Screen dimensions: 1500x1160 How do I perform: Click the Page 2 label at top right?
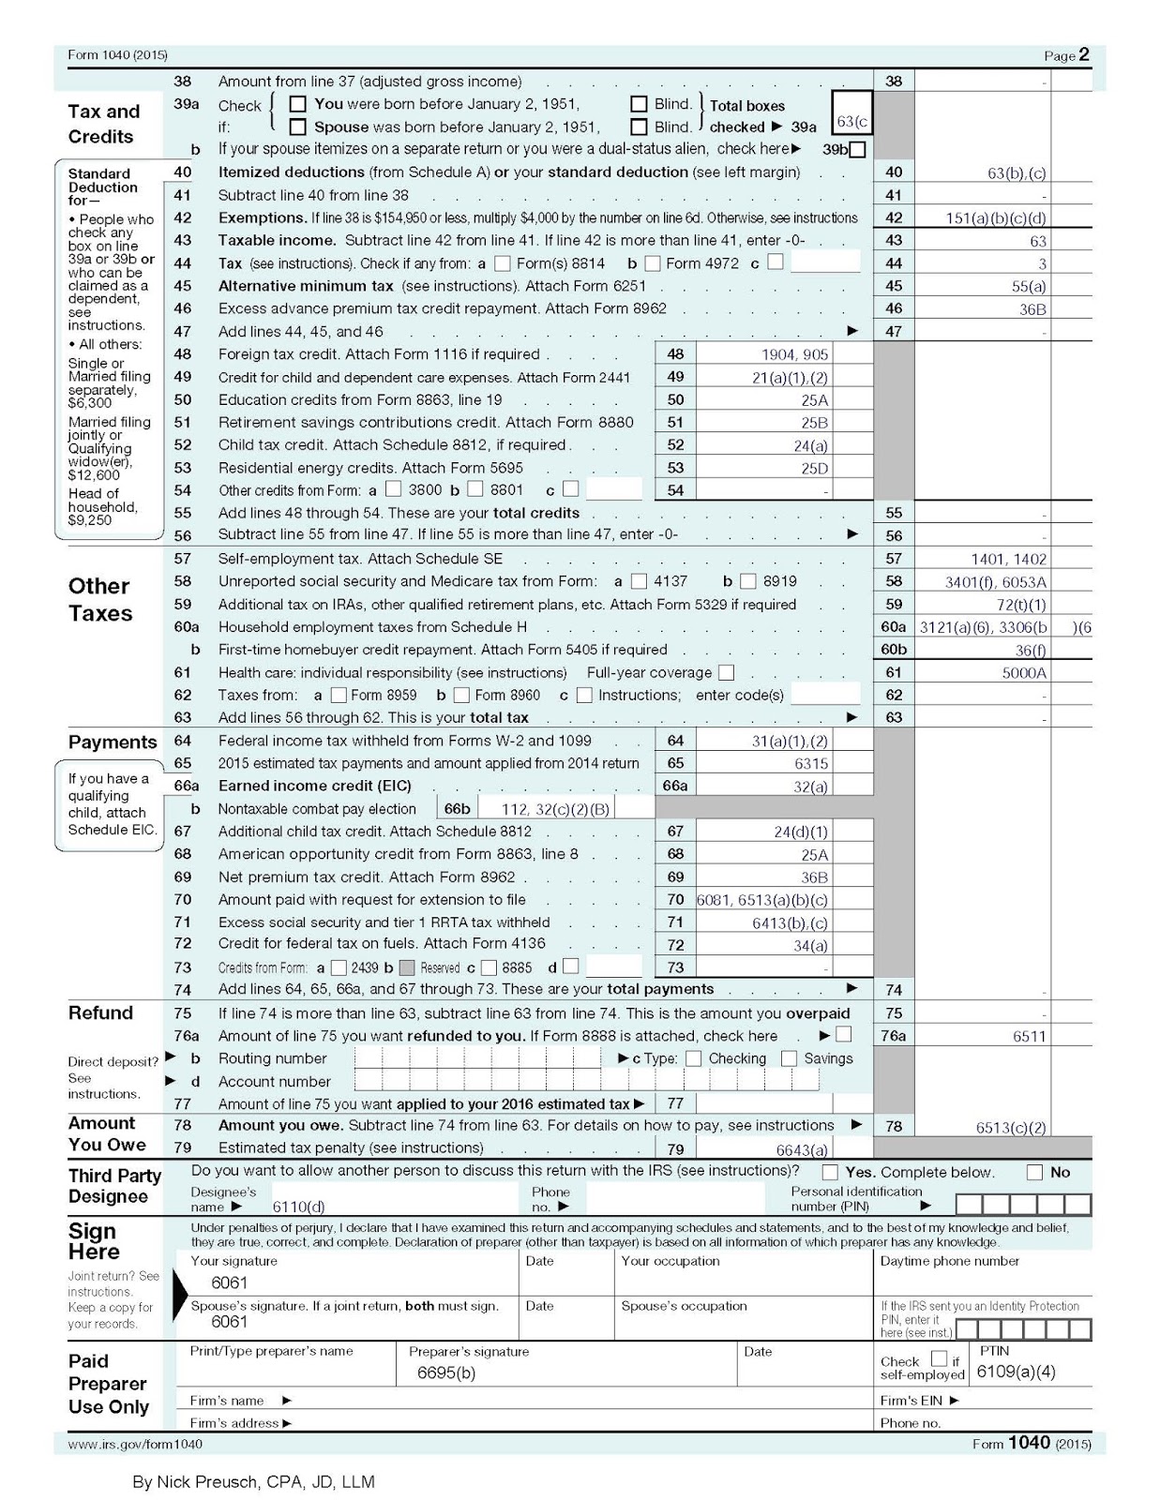(1067, 55)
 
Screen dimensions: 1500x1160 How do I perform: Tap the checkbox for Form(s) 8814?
(503, 263)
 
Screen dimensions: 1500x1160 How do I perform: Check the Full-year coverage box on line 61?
(726, 672)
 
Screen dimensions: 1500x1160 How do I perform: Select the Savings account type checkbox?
(789, 1058)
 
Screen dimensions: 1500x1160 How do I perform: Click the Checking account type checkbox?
(693, 1058)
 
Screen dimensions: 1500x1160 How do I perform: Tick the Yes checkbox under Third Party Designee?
(830, 1172)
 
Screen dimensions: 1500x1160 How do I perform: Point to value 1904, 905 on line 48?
(794, 354)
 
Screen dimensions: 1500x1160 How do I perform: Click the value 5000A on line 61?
(1024, 672)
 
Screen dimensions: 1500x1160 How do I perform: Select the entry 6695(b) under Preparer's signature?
(446, 1372)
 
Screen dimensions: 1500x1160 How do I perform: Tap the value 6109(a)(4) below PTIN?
(1016, 1372)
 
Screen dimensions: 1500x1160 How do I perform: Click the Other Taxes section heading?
(99, 599)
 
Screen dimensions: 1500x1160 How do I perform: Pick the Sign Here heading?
(94, 1241)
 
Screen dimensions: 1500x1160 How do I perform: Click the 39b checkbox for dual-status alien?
(857, 149)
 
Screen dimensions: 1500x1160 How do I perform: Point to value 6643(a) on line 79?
(802, 1149)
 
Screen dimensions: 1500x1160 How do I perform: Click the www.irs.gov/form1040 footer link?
(135, 1444)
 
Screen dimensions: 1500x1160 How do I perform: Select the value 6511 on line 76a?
(1029, 1036)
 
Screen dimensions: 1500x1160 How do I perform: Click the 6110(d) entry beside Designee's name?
(298, 1207)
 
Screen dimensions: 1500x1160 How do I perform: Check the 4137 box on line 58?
(639, 581)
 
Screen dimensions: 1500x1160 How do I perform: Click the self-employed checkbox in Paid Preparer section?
(939, 1358)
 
